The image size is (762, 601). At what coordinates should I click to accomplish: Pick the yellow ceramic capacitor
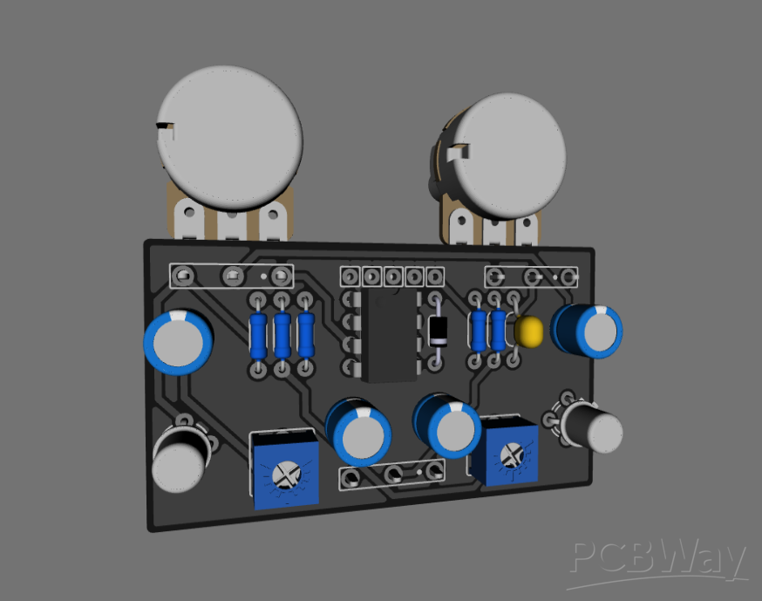(528, 331)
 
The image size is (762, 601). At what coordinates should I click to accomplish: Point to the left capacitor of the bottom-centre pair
(358, 431)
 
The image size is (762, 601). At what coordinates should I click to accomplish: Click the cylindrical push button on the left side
(180, 460)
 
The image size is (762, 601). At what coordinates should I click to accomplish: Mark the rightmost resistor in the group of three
(305, 334)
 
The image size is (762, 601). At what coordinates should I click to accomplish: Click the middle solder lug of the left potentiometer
(232, 223)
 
